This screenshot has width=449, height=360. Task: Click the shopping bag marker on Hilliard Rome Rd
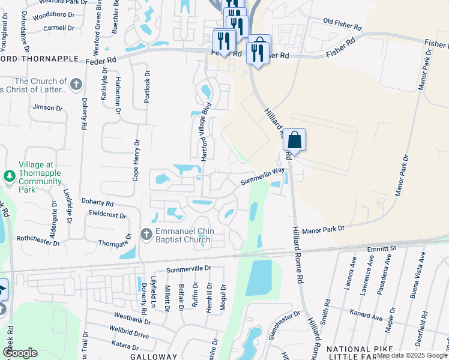click(294, 140)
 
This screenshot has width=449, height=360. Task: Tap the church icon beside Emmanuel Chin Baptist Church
click(146, 233)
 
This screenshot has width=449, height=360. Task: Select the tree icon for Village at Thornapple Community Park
click(9, 176)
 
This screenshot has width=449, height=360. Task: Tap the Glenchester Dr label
click(284, 324)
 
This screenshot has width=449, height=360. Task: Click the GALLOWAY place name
click(152, 356)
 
